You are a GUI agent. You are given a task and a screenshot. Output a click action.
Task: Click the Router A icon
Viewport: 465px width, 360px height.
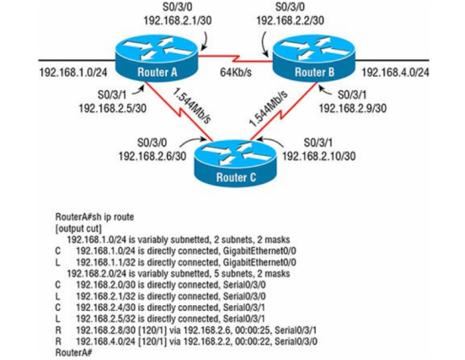coord(157,58)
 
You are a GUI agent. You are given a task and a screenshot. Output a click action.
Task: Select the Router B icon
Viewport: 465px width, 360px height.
coord(313,58)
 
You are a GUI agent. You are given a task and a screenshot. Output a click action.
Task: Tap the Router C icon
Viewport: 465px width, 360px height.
coord(236,164)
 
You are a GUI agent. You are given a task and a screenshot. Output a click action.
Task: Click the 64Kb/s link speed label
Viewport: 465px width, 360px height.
coord(236,73)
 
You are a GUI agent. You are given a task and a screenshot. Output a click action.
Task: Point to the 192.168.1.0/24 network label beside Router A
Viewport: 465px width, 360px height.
coord(73,73)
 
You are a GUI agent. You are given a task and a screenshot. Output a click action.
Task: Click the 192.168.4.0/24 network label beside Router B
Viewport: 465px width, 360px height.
coord(395,73)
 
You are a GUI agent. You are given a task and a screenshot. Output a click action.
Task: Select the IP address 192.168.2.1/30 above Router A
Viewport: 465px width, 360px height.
coord(178,20)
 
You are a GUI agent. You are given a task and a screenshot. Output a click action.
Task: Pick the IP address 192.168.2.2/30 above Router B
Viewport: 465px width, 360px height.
coord(290,20)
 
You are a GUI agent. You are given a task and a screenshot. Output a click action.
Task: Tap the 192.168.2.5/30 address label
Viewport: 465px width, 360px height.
coord(112,108)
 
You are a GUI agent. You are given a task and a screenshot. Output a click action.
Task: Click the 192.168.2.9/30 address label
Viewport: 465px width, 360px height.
coord(353,108)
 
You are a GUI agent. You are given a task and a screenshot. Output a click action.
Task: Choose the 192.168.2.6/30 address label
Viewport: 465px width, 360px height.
coord(152,156)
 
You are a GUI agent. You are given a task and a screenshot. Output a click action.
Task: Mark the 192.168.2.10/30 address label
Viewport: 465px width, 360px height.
coord(318,156)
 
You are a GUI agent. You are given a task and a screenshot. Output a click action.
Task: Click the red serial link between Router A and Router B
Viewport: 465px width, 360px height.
coord(235,59)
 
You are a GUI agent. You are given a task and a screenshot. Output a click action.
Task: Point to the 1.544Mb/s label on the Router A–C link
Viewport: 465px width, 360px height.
coord(192,105)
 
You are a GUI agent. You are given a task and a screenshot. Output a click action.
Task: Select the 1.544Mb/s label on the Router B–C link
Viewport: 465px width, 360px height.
coord(268,108)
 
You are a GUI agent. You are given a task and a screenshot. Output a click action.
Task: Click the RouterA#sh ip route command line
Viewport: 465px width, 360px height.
coord(94,217)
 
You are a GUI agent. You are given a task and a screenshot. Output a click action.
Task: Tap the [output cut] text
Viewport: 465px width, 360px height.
coord(78,228)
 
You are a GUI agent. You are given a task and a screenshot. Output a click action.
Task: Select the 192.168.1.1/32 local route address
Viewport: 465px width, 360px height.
coord(105,262)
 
